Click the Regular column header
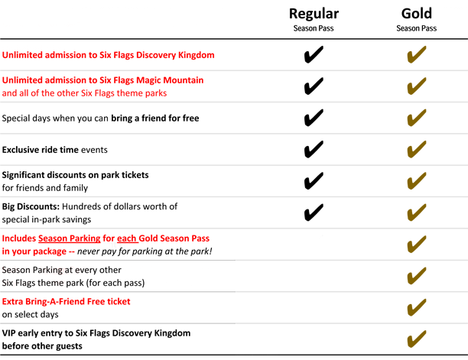point(314,19)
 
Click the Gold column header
point(416,19)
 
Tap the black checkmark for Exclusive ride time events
point(314,149)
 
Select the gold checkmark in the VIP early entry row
point(417,339)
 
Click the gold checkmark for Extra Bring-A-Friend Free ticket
point(417,307)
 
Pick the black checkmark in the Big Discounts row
point(314,212)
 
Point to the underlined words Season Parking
point(70,238)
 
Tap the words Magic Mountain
point(170,80)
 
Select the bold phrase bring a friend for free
point(155,118)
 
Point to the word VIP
point(8,333)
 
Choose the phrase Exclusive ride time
point(41,150)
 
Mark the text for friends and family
point(45,188)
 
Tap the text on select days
point(30,314)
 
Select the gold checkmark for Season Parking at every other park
point(417,276)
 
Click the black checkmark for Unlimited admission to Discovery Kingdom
point(314,54)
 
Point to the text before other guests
point(42,346)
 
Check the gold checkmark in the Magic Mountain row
point(417,86)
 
